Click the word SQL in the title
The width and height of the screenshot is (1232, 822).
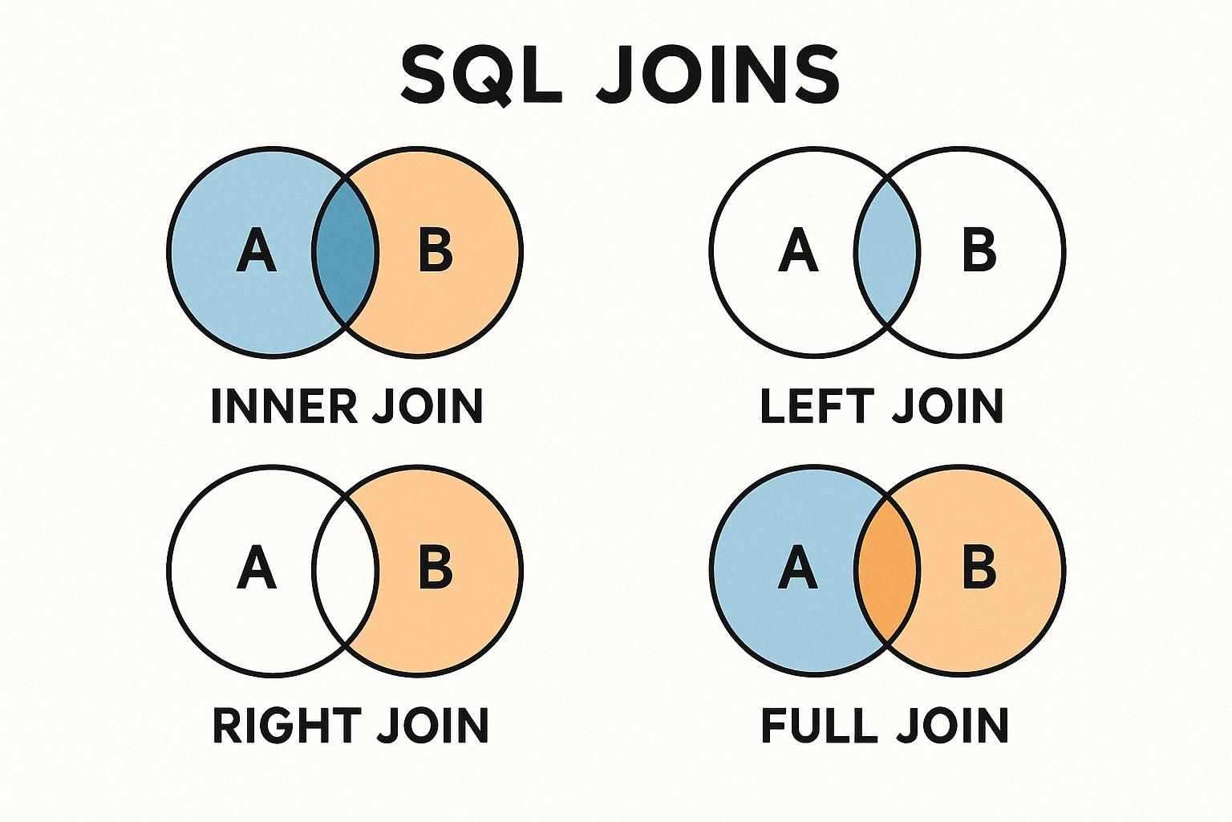point(481,76)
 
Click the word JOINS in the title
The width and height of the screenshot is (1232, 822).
point(718,76)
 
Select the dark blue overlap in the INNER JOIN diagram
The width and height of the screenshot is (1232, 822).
point(346,252)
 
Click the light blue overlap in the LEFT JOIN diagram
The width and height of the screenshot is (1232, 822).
point(887,252)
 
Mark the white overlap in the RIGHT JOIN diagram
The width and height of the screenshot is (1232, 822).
point(346,570)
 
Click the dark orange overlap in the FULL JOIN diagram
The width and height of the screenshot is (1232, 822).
point(887,570)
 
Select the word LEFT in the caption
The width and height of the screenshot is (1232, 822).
point(817,406)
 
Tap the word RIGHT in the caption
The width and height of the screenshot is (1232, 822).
point(287,725)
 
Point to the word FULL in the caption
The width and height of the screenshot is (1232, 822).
point(819,725)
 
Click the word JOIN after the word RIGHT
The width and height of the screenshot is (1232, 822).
point(432,725)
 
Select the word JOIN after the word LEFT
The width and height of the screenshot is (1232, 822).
point(947,406)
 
